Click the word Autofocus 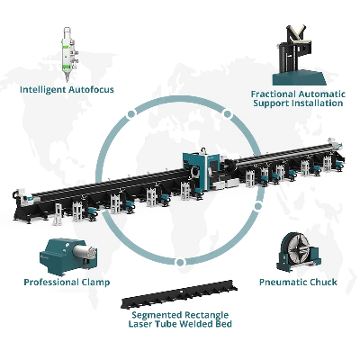pos(91,89)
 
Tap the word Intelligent pos(43,89)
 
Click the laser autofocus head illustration pos(68,54)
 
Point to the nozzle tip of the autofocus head pos(67,80)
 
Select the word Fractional pos(274,94)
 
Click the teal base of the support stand pos(299,77)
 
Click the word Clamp pos(95,283)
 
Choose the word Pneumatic pos(283,283)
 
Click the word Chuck pos(323,283)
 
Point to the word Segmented pos(157,315)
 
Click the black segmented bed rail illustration pos(179,294)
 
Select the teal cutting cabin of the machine pos(201,171)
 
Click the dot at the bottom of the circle pos(180,263)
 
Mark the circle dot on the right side pos(258,206)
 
